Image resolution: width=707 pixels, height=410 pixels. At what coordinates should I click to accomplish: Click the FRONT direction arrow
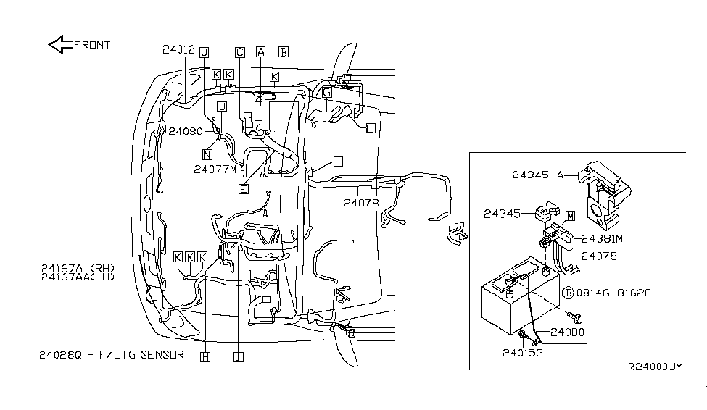[x=60, y=45]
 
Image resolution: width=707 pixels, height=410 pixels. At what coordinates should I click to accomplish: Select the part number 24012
[x=178, y=49]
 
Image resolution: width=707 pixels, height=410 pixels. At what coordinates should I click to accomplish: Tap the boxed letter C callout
[x=240, y=52]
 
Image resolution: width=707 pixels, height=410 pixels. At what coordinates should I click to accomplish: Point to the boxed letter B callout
[x=283, y=52]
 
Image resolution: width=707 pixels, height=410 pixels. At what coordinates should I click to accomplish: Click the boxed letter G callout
[x=327, y=93]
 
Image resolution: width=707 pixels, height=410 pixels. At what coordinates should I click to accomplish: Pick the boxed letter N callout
[x=207, y=154]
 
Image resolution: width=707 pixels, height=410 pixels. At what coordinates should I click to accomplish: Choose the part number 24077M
[x=215, y=170]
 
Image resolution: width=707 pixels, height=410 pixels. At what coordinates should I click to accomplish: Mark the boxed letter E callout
[x=244, y=189]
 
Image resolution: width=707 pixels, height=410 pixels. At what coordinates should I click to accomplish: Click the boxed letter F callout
[x=338, y=162]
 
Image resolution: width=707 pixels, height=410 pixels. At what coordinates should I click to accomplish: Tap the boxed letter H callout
[x=205, y=357]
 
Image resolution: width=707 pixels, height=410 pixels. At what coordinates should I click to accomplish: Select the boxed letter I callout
[x=239, y=357]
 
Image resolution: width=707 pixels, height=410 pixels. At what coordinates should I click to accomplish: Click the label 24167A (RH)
[x=78, y=269]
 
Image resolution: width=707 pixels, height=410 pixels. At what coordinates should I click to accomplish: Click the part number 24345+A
[x=538, y=175]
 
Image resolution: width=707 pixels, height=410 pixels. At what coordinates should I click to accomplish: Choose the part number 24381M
[x=602, y=239]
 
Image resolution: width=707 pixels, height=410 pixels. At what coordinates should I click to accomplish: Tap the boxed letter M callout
[x=571, y=216]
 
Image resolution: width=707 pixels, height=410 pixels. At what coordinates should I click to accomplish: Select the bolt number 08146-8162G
[x=613, y=293]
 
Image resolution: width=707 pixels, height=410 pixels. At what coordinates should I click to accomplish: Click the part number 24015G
[x=523, y=353]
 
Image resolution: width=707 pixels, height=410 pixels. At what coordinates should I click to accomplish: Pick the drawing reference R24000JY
[x=655, y=367]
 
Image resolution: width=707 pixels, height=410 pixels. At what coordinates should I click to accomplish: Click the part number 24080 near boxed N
[x=186, y=131]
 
